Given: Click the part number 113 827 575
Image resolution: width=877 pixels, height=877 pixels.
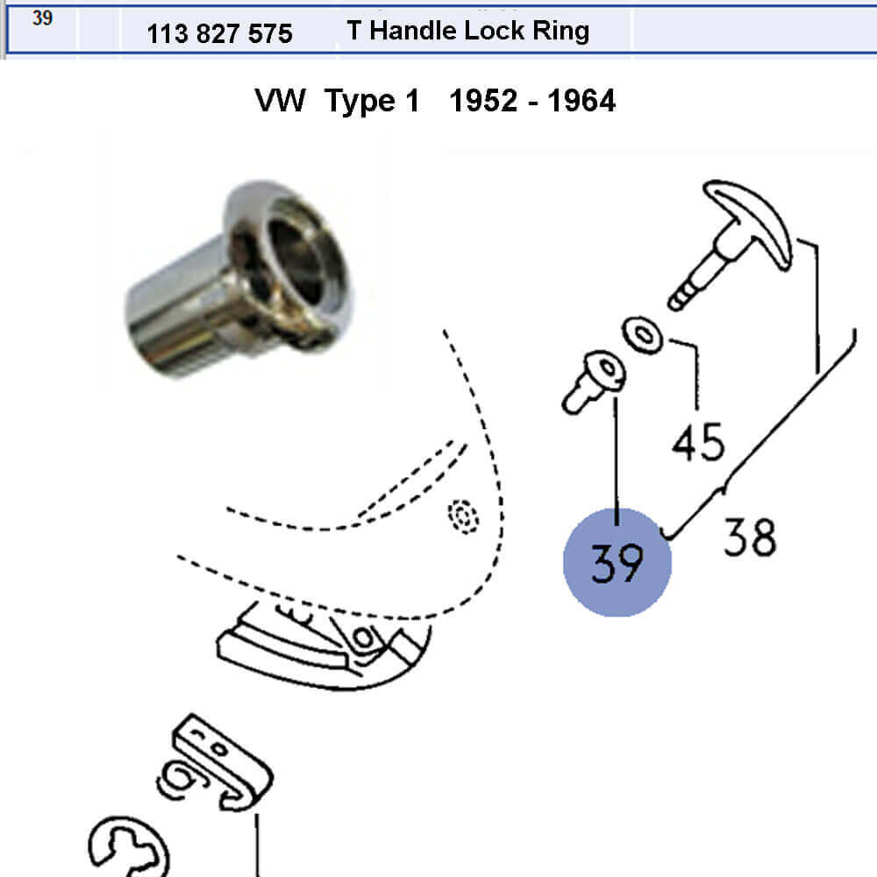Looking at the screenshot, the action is point(219,33).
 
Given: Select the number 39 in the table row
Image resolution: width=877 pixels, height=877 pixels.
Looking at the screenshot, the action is point(42,18).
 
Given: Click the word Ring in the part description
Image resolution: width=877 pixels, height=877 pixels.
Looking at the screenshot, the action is point(561,32).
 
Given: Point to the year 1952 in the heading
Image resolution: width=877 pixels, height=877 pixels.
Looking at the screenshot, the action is point(484,101).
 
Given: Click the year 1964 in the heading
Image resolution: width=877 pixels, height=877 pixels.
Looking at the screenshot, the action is point(581,101).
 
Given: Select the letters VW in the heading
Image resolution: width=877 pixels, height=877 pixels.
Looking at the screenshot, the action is point(281,101).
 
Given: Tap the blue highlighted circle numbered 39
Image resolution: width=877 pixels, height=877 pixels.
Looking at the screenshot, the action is point(617,562).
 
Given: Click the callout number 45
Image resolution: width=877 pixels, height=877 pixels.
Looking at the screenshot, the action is point(699,442).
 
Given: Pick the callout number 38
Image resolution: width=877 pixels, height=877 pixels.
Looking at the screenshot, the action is point(750,537).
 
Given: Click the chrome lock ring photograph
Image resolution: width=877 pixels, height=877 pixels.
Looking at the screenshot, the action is point(238,279).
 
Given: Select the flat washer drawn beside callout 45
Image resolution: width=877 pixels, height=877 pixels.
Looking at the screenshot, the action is point(643,335).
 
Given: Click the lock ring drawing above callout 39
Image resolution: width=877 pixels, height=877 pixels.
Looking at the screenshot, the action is point(594,381).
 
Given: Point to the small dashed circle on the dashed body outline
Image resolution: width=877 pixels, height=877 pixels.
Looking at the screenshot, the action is point(463,516).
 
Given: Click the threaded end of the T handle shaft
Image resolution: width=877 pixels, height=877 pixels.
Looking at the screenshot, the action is point(680,296).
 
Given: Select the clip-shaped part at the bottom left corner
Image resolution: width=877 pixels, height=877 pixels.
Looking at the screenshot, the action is point(129,847).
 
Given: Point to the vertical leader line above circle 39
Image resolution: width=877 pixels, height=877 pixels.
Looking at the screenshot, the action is point(617,461).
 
